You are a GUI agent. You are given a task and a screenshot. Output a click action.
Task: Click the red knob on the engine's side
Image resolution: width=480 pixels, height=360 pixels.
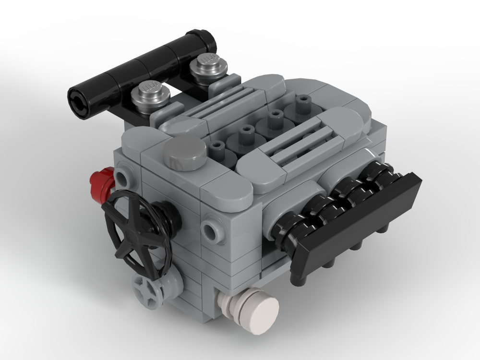coord(102,184)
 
